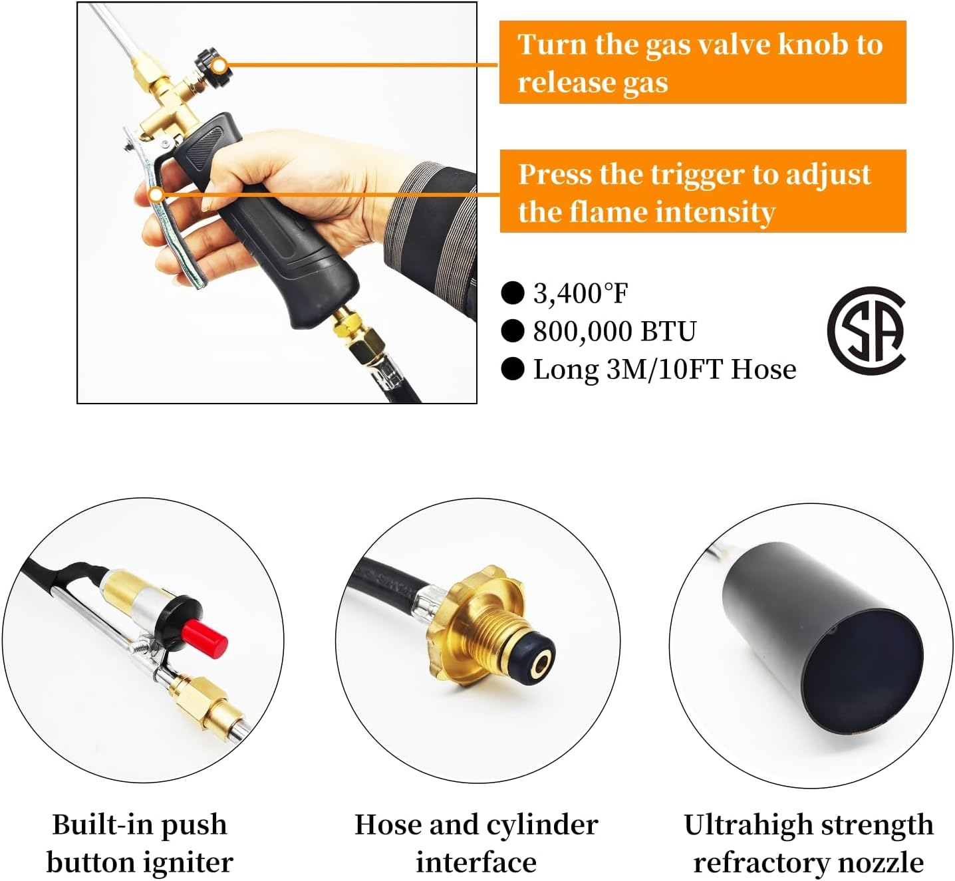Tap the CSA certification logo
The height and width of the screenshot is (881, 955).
pyautogui.click(x=867, y=330)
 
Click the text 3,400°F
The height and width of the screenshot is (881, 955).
pyautogui.click(x=580, y=293)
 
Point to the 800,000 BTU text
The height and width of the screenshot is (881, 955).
pyautogui.click(x=614, y=331)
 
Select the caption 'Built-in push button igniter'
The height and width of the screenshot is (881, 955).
pyautogui.click(x=140, y=843)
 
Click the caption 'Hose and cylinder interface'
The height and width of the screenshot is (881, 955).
pyautogui.click(x=476, y=843)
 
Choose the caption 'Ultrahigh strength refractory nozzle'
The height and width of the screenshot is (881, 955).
pyautogui.click(x=808, y=843)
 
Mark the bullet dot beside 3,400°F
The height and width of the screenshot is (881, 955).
pyautogui.click(x=512, y=293)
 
